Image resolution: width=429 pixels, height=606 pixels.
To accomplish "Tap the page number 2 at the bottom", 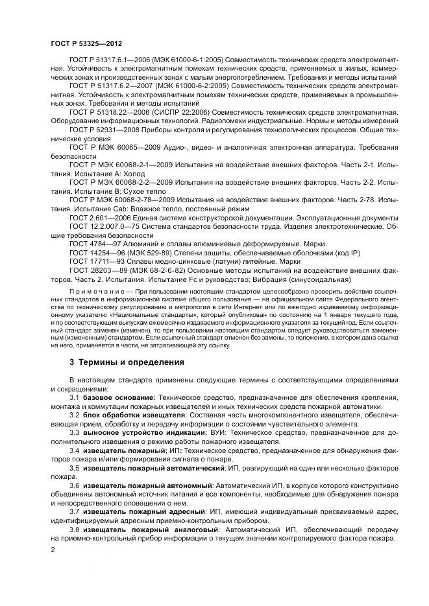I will (53, 550).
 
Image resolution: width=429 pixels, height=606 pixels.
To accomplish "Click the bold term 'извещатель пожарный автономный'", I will (147, 485).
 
